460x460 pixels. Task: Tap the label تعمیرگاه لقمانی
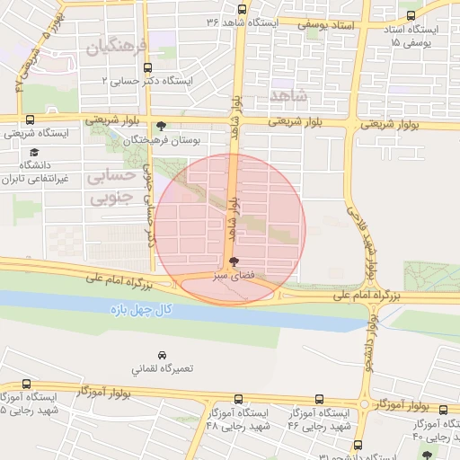pos(162,369)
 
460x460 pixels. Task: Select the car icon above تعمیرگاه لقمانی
pos(162,356)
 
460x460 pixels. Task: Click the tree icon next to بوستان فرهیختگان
pos(161,126)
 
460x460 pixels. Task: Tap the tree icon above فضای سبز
pos(234,261)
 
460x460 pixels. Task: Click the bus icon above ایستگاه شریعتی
pos(31,119)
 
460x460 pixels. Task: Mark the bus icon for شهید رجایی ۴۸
pos(238,399)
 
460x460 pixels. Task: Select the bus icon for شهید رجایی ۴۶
pos(320,399)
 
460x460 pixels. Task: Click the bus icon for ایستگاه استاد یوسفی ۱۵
pos(411,17)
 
